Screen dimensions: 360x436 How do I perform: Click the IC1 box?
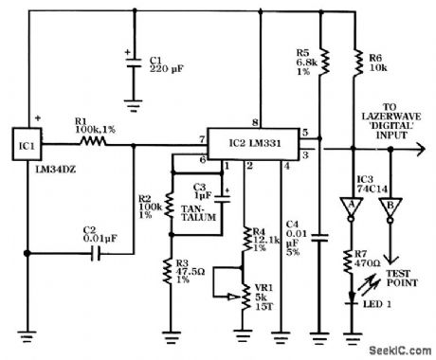pos(26,145)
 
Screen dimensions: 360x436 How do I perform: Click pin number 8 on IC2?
pos(255,122)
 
